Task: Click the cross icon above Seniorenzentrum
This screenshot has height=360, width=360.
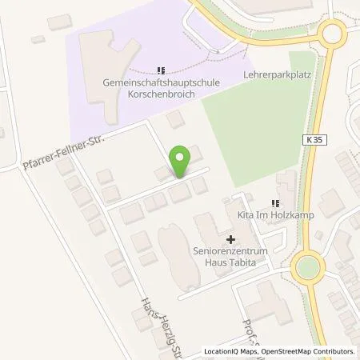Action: pyautogui.click(x=230, y=238)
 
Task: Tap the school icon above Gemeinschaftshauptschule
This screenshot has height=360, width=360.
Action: pyautogui.click(x=162, y=69)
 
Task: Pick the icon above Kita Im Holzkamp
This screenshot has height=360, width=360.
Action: pyautogui.click(x=275, y=203)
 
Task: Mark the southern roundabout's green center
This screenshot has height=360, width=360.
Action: pyautogui.click(x=307, y=266)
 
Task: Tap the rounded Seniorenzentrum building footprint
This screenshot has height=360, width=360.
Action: pyautogui.click(x=174, y=249)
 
